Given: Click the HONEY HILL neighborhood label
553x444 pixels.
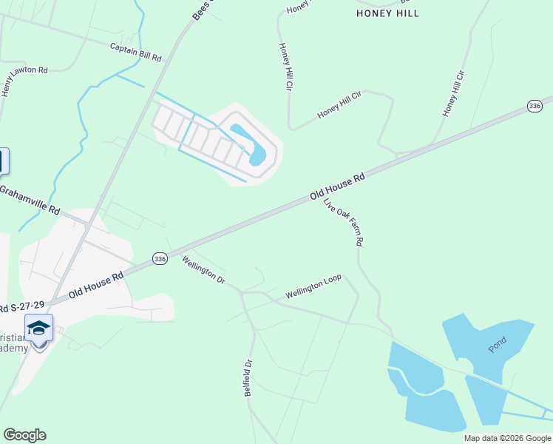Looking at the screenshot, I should click(x=387, y=13).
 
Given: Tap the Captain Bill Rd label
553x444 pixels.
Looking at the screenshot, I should click(x=135, y=52).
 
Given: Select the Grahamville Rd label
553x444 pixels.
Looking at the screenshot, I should click(x=30, y=200).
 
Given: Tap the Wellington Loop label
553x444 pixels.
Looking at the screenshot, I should click(x=313, y=287).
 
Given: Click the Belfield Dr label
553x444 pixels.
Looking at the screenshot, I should click(x=248, y=378).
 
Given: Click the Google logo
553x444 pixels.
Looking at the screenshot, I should click(x=24, y=435).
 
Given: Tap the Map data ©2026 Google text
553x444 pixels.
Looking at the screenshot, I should click(x=508, y=438).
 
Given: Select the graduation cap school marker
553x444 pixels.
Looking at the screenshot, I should click(x=38, y=328).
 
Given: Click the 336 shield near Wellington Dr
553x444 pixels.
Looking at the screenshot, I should click(x=160, y=258).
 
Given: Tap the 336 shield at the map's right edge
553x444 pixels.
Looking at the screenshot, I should click(x=535, y=107).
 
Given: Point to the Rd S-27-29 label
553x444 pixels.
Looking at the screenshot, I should click(x=22, y=306).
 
